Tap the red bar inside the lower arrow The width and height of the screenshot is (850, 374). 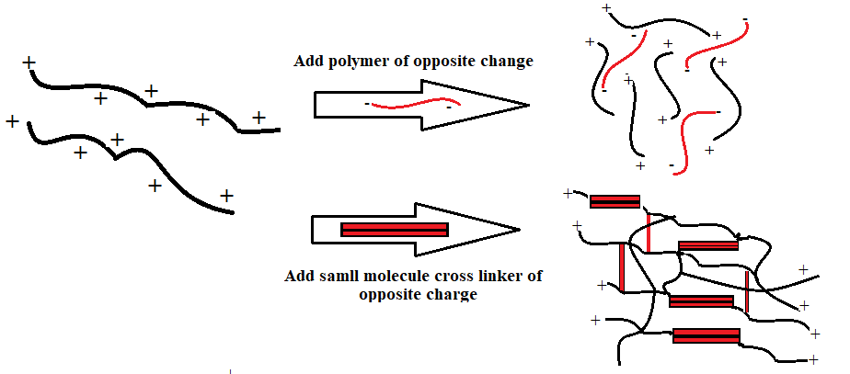pos(394,230)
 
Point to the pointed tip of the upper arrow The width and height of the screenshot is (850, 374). pos(527,104)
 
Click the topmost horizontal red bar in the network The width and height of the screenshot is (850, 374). pos(615,202)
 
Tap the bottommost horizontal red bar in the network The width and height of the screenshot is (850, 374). pos(706,336)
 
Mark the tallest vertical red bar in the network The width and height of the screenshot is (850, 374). pos(623,267)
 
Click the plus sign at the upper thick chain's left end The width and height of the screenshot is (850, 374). pos(29,63)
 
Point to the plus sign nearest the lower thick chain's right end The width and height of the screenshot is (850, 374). pos(226,196)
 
